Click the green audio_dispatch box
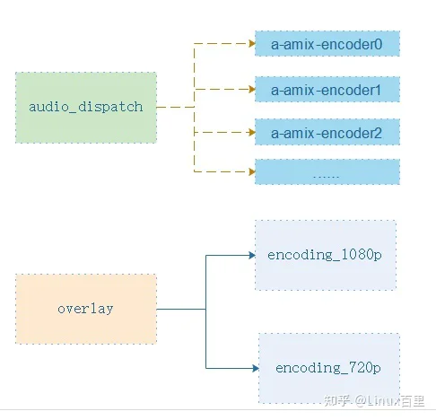86,108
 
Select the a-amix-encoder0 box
327,44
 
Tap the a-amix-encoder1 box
327,90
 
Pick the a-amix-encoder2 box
327,132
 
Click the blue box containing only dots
327,171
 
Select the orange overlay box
86,309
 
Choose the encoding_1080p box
326,255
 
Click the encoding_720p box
329,368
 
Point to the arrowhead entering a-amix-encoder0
252,44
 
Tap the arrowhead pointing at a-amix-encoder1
252,89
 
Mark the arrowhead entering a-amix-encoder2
252,132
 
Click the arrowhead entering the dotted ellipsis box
252,171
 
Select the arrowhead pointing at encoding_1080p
252,255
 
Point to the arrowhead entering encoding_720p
256,368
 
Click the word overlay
85,309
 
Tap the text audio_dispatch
86,107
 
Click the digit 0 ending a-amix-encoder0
379,44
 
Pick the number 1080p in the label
362,255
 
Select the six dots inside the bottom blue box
326,177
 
